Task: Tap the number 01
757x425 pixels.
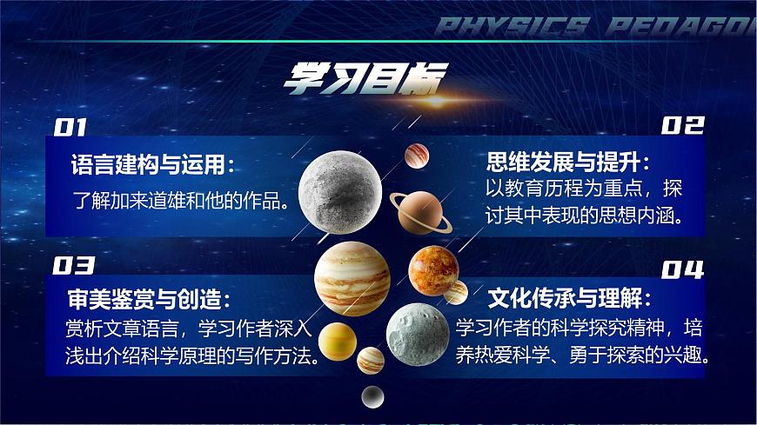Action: pyautogui.click(x=70, y=128)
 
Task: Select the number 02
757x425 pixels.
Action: pyautogui.click(x=681, y=127)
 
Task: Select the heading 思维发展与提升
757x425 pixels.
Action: pyautogui.click(x=567, y=163)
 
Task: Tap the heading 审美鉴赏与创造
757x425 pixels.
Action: pyautogui.click(x=145, y=300)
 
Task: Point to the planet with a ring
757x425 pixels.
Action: pyautogui.click(x=421, y=210)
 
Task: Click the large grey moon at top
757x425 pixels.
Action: pyautogui.click(x=340, y=186)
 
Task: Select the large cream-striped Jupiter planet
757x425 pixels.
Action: pyautogui.click(x=352, y=277)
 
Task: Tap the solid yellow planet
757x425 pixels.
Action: pyautogui.click(x=335, y=340)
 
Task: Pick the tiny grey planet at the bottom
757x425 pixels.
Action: pyautogui.click(x=372, y=396)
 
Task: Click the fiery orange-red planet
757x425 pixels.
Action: pyautogui.click(x=432, y=270)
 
